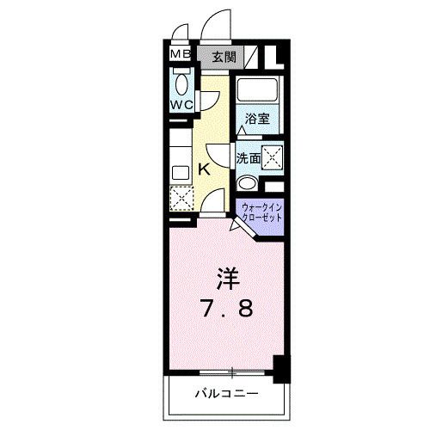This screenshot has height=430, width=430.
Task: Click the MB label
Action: pos(181,56)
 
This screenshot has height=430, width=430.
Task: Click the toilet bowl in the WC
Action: pos(181,84)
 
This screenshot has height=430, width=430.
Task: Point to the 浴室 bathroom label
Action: pos(256,119)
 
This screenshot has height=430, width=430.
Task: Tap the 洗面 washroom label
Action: pos(249,159)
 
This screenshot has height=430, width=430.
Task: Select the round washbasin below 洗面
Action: pos(246,182)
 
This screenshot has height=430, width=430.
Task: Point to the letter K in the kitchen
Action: pos(205,169)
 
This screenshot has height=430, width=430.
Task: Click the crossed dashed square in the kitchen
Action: pos(182,199)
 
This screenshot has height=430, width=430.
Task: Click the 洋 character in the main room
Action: pos(226,279)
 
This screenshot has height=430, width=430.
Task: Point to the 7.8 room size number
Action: pos(225,308)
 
